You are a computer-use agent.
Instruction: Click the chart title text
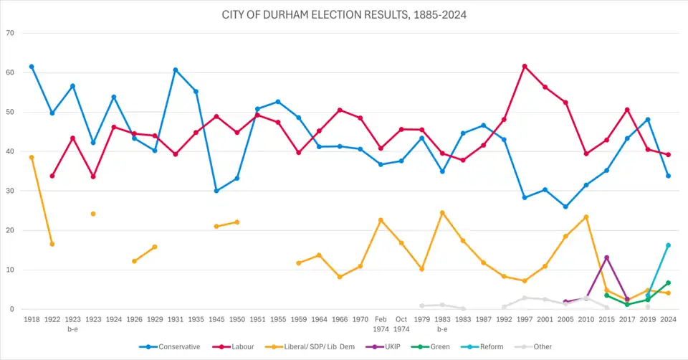pyautogui.click(x=344, y=14)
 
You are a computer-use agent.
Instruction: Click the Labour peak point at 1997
pyautogui.click(x=525, y=66)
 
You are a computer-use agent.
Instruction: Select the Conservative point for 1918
pyautogui.click(x=32, y=67)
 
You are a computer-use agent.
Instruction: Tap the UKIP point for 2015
pyautogui.click(x=607, y=257)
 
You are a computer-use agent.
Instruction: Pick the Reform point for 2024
pyautogui.click(x=668, y=245)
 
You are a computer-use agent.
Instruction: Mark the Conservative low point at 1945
pyautogui.click(x=216, y=191)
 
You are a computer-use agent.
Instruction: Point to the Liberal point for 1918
pyautogui.click(x=32, y=157)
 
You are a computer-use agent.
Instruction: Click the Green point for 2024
pyautogui.click(x=668, y=283)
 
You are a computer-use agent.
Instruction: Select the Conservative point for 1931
pyautogui.click(x=176, y=70)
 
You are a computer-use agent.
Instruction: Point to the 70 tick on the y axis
pyautogui.click(x=10, y=33)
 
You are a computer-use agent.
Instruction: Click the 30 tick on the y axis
pyautogui.click(x=10, y=191)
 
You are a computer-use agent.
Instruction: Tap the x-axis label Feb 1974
pyautogui.click(x=381, y=323)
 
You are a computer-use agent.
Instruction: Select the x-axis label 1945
pyautogui.click(x=216, y=318)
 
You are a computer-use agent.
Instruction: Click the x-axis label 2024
pyautogui.click(x=668, y=318)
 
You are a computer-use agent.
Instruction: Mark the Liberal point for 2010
pyautogui.click(x=586, y=217)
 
